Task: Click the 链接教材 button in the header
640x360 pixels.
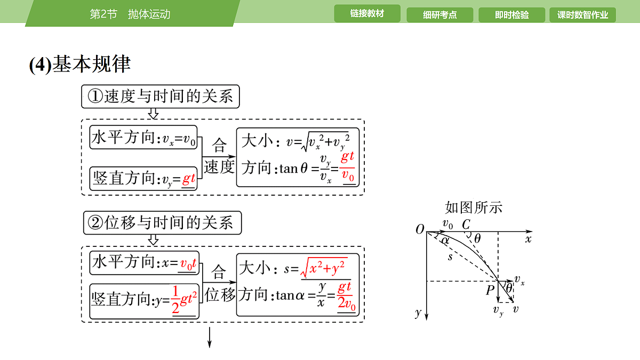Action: tap(367, 13)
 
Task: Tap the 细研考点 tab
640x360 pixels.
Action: tap(439, 15)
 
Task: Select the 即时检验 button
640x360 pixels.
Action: tap(511, 15)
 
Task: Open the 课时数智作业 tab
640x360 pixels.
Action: tap(582, 15)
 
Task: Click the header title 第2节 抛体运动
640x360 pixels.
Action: tap(130, 14)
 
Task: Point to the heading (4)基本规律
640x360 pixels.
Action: tap(80, 64)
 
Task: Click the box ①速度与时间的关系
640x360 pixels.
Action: tap(161, 97)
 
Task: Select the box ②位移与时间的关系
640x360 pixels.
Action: tap(162, 223)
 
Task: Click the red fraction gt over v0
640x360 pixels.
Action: tap(348, 167)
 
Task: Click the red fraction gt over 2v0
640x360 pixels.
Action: tap(346, 298)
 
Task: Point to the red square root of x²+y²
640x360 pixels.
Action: tap(324, 268)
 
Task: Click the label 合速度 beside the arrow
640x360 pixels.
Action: tap(219, 156)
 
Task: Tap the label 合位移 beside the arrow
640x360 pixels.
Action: tap(219, 283)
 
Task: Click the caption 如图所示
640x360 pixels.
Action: tap(474, 207)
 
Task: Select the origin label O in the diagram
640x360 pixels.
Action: tap(420, 229)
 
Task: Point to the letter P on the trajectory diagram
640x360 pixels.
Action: tap(490, 290)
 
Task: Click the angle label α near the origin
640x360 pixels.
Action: tap(445, 241)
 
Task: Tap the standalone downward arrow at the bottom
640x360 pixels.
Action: tap(210, 338)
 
